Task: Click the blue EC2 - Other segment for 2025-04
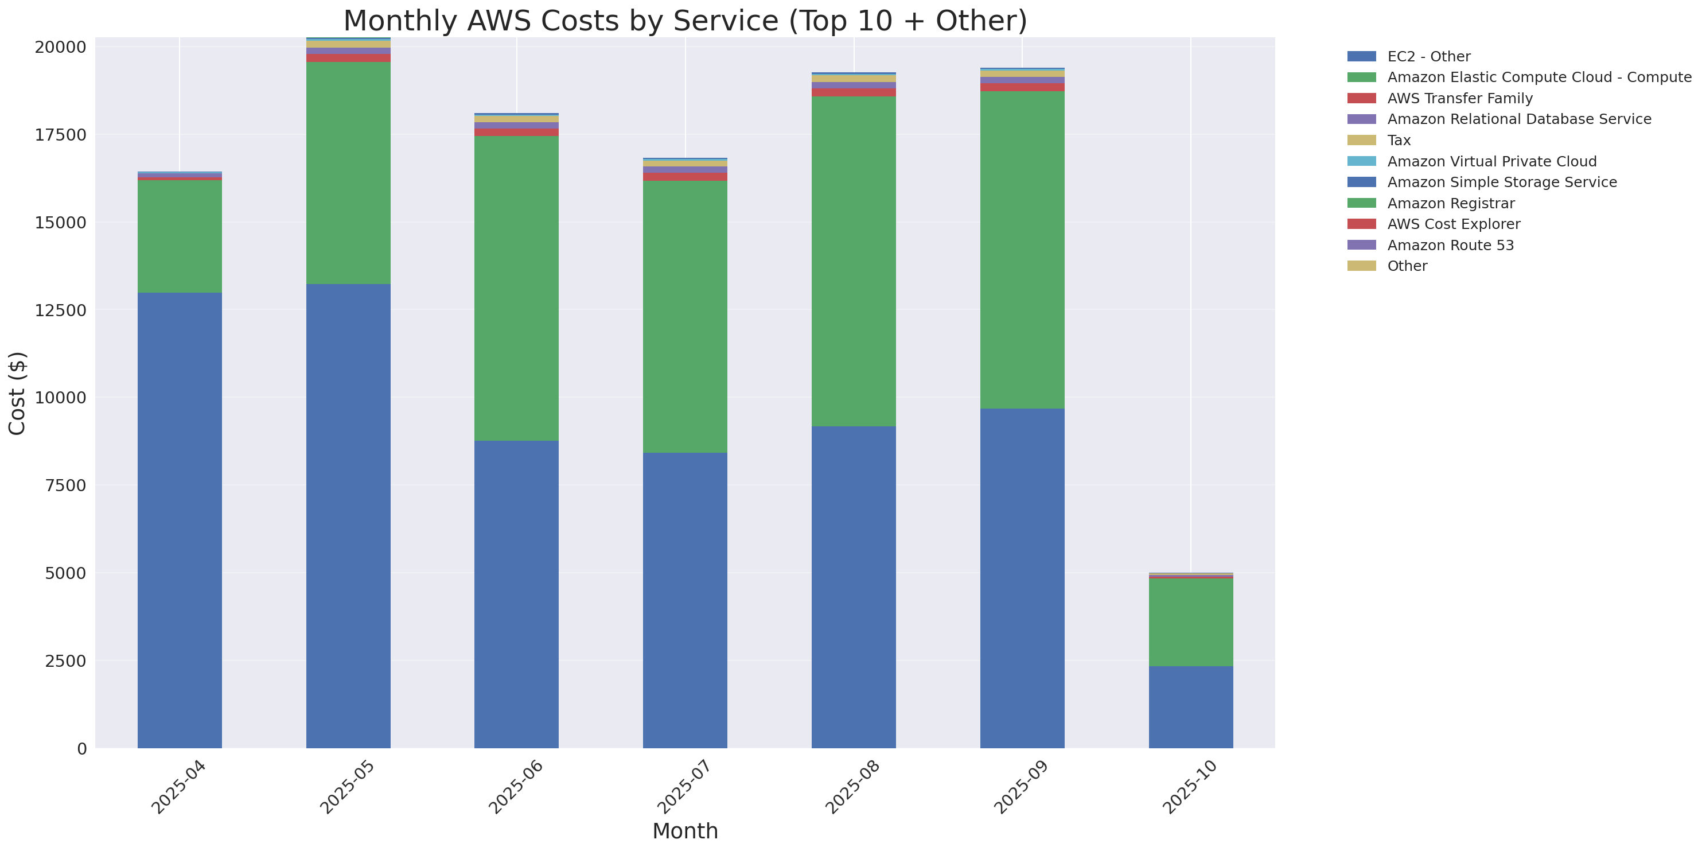tap(180, 520)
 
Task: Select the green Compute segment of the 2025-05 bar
tap(348, 173)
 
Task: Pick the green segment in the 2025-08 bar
tap(854, 261)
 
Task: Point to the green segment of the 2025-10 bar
tap(1190, 622)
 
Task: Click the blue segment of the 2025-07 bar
tap(685, 600)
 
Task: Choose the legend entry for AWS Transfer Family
tap(1460, 98)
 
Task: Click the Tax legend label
tap(1399, 141)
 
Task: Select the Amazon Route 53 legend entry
tap(1450, 245)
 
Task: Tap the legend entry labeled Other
tap(1407, 266)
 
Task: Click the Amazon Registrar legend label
tap(1450, 203)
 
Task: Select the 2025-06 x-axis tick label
tap(515, 787)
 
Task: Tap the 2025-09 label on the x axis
tap(1021, 787)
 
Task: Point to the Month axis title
tap(685, 831)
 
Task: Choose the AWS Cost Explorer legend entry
tap(1453, 224)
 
